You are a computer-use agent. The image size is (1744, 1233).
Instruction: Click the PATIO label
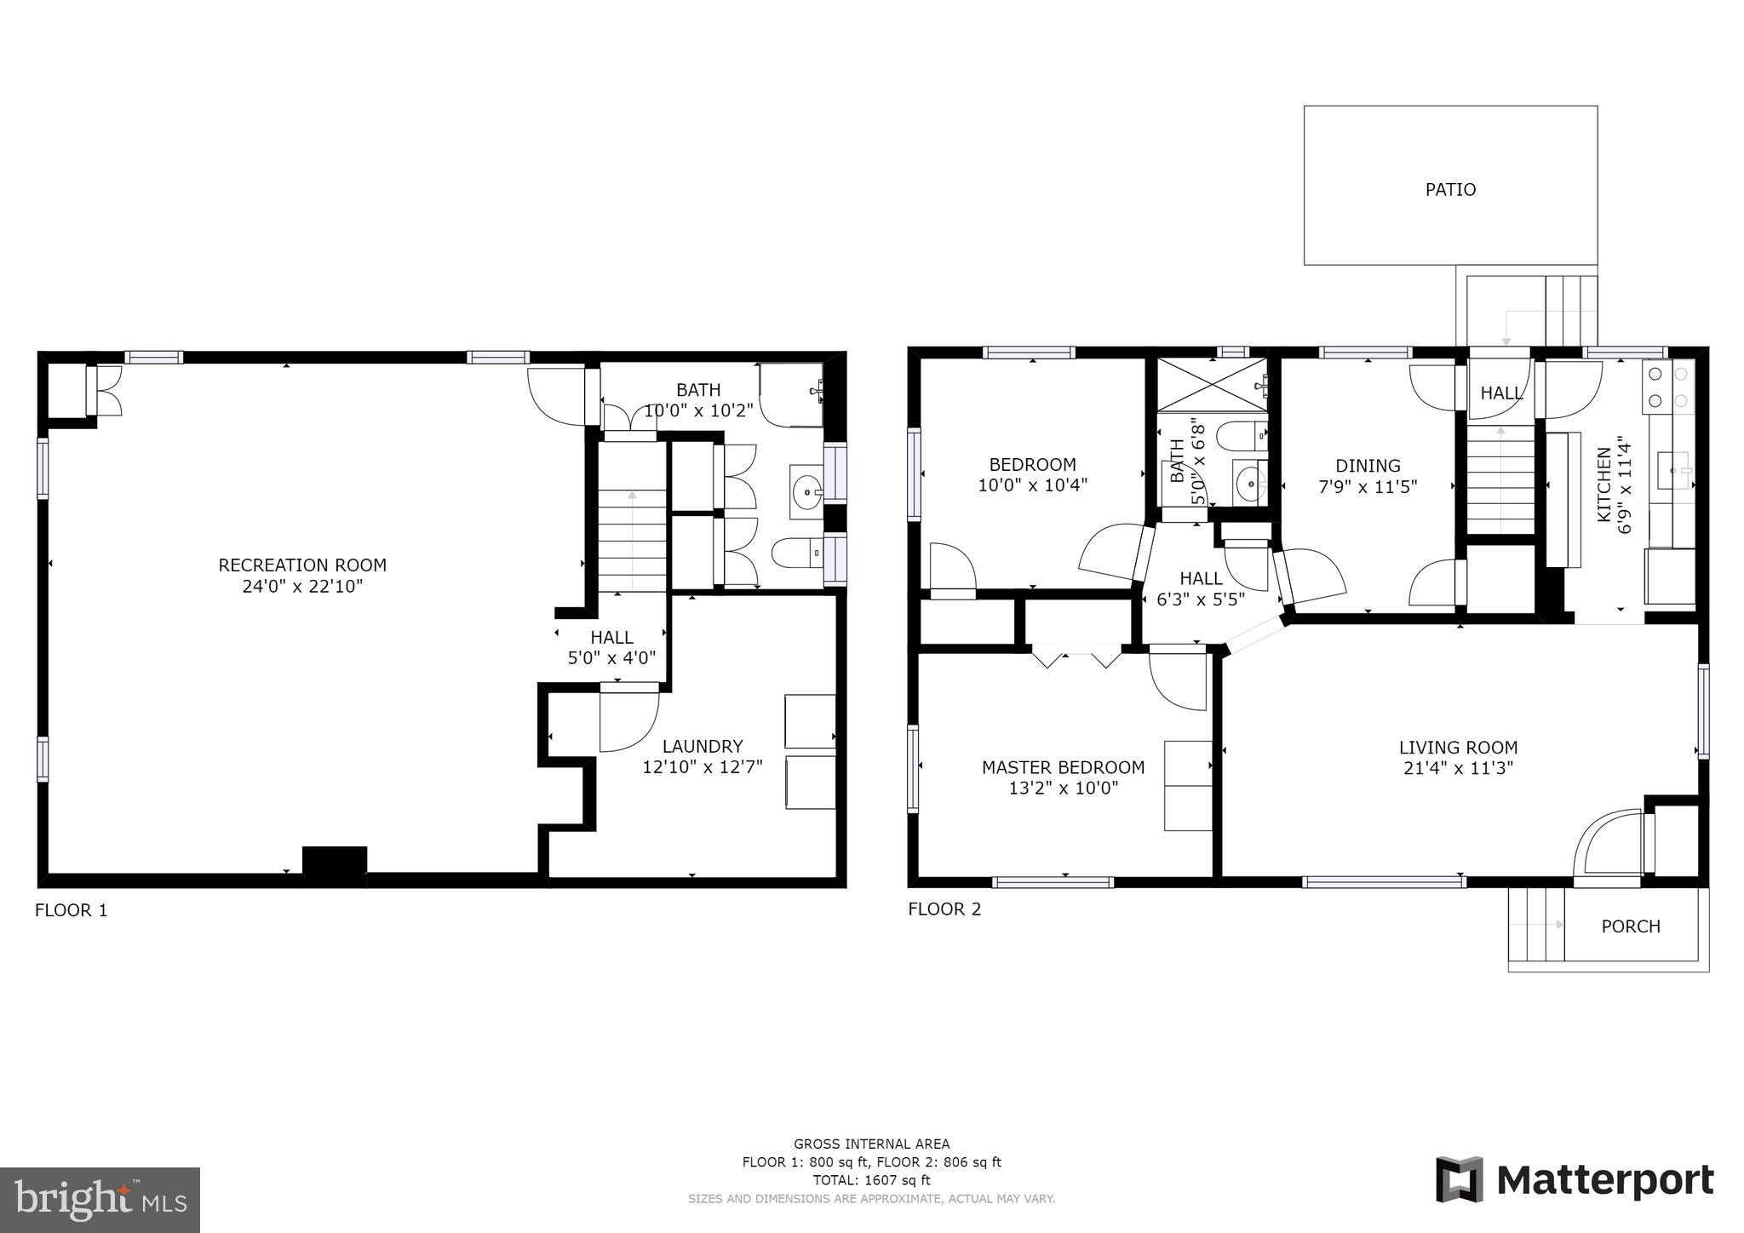point(1450,189)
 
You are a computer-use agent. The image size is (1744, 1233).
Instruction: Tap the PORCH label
point(1631,926)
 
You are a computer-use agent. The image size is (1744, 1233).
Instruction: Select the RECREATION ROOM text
point(302,565)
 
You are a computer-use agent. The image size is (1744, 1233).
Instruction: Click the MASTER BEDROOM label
point(1063,767)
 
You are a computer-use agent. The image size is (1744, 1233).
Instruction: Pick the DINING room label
point(1368,466)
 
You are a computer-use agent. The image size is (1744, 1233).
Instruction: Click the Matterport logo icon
point(1460,1180)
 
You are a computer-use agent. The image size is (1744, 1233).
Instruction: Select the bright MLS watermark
point(100,1200)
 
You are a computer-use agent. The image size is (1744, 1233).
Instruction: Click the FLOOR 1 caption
point(72,910)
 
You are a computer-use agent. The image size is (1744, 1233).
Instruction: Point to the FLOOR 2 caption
point(944,909)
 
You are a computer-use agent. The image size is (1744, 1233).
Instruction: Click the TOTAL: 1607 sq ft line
point(871,1180)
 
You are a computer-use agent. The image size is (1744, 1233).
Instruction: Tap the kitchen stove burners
point(1668,387)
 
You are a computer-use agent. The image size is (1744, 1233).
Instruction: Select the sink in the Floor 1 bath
point(806,491)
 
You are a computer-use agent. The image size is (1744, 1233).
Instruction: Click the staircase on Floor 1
point(632,516)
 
